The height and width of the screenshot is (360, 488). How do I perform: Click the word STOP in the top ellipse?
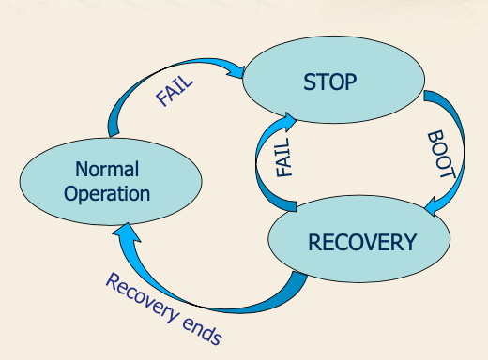(329, 82)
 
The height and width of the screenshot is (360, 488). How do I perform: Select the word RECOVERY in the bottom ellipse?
(362, 242)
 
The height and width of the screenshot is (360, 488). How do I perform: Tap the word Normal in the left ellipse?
(107, 169)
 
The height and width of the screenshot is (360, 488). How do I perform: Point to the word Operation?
(107, 194)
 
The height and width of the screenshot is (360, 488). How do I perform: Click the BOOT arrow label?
(441, 155)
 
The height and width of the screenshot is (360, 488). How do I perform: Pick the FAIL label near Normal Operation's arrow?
(175, 91)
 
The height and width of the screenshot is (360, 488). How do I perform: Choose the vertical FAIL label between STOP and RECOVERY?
(284, 157)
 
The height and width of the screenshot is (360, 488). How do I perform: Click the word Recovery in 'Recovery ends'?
(142, 297)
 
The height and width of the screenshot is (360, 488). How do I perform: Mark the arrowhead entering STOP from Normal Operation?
(236, 72)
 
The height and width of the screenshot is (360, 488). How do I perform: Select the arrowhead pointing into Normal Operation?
(127, 232)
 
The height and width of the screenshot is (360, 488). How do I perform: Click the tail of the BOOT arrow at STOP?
(428, 96)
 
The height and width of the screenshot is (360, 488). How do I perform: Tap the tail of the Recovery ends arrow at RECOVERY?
(298, 275)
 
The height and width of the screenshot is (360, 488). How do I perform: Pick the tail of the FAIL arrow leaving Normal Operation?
(114, 134)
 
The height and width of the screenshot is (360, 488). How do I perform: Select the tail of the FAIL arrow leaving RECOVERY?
(292, 206)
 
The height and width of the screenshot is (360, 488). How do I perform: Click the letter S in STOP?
(309, 82)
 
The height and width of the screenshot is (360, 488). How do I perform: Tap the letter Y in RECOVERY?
(410, 242)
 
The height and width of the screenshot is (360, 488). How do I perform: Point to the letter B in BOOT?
(435, 136)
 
